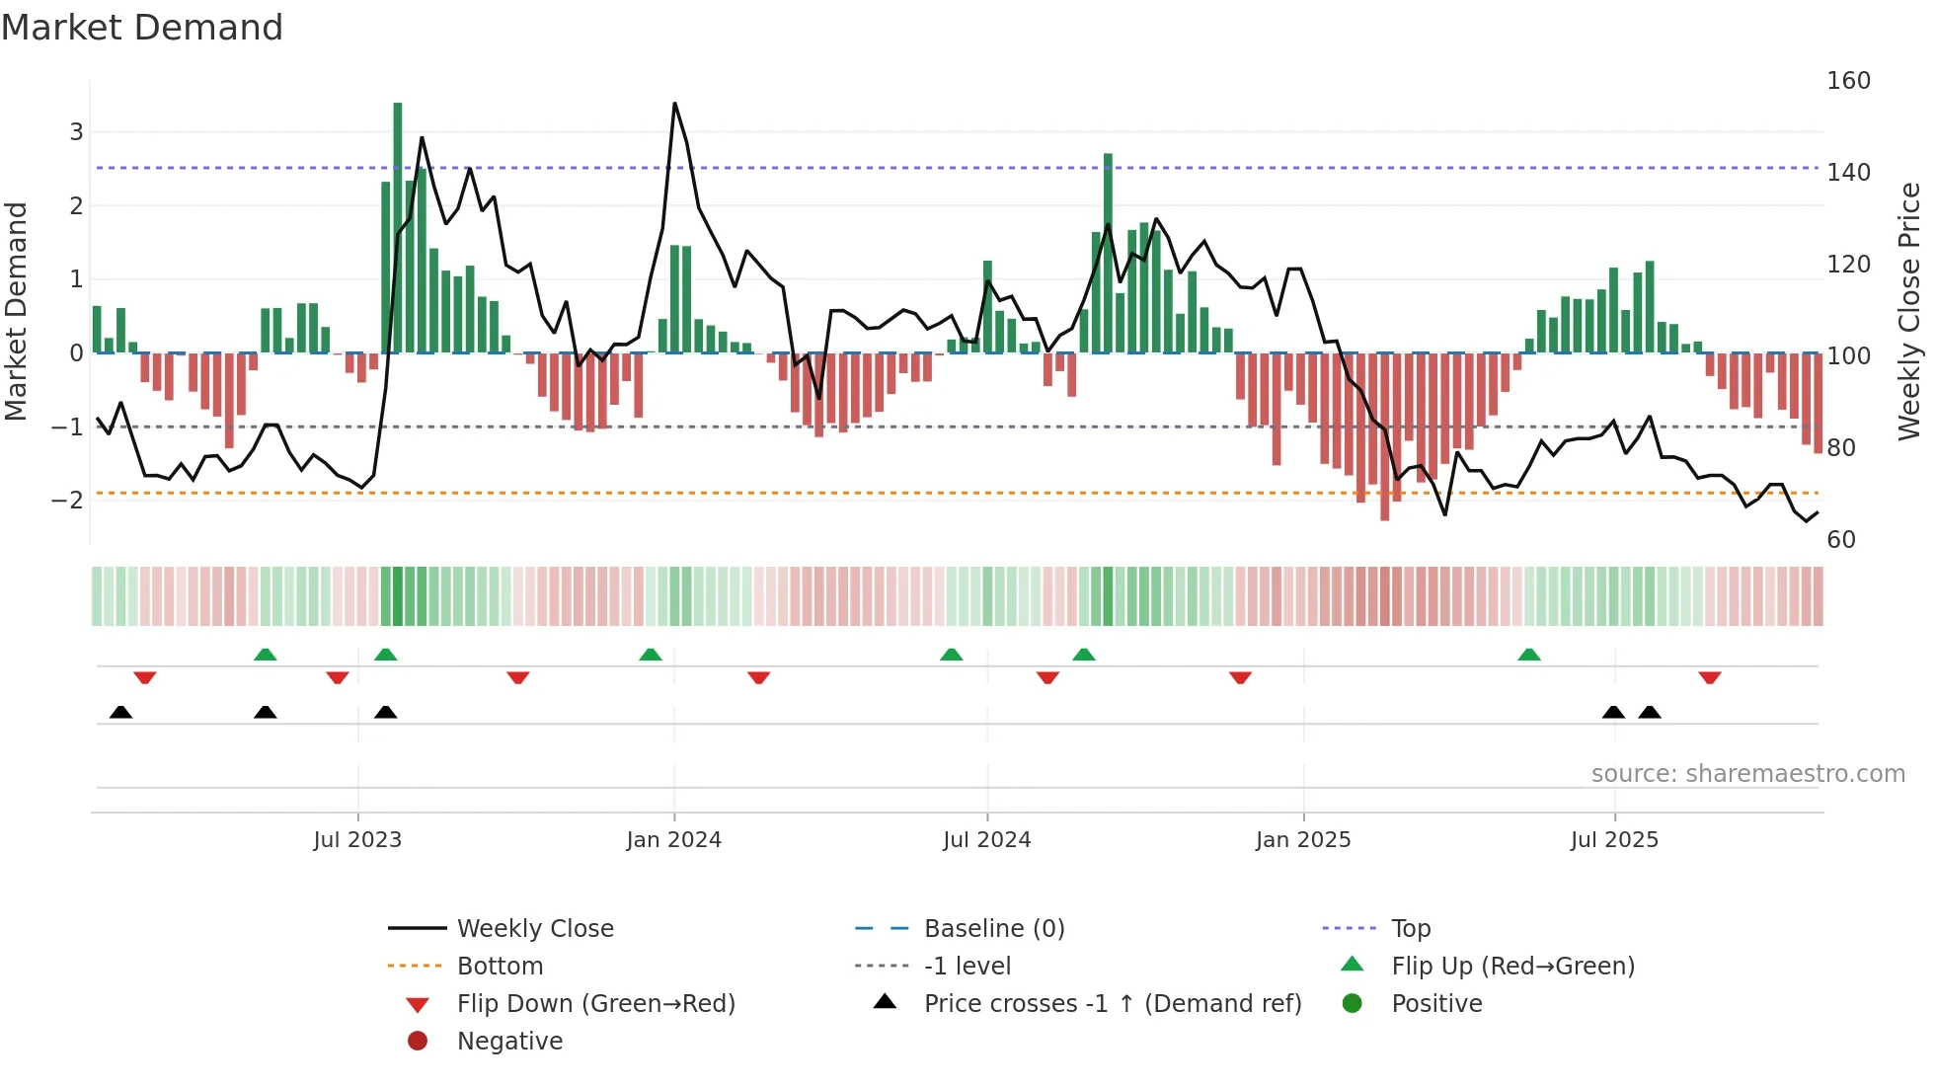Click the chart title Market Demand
click(142, 28)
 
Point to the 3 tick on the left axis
click(76, 131)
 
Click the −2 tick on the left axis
click(68, 501)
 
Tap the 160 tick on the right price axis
click(1848, 81)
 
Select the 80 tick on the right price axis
click(1841, 448)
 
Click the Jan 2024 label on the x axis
click(673, 840)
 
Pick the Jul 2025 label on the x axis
click(1614, 840)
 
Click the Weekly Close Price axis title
click(1909, 311)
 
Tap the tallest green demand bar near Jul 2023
click(398, 227)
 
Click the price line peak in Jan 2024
click(674, 104)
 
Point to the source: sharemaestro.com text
click(1747, 774)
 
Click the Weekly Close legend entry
click(534, 929)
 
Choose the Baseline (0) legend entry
click(993, 929)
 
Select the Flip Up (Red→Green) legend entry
click(1512, 967)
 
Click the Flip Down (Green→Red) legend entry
click(595, 1004)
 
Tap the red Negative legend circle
click(418, 1042)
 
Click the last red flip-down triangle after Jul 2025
click(1710, 678)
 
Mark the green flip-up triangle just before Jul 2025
click(1528, 655)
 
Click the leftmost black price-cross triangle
click(120, 712)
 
